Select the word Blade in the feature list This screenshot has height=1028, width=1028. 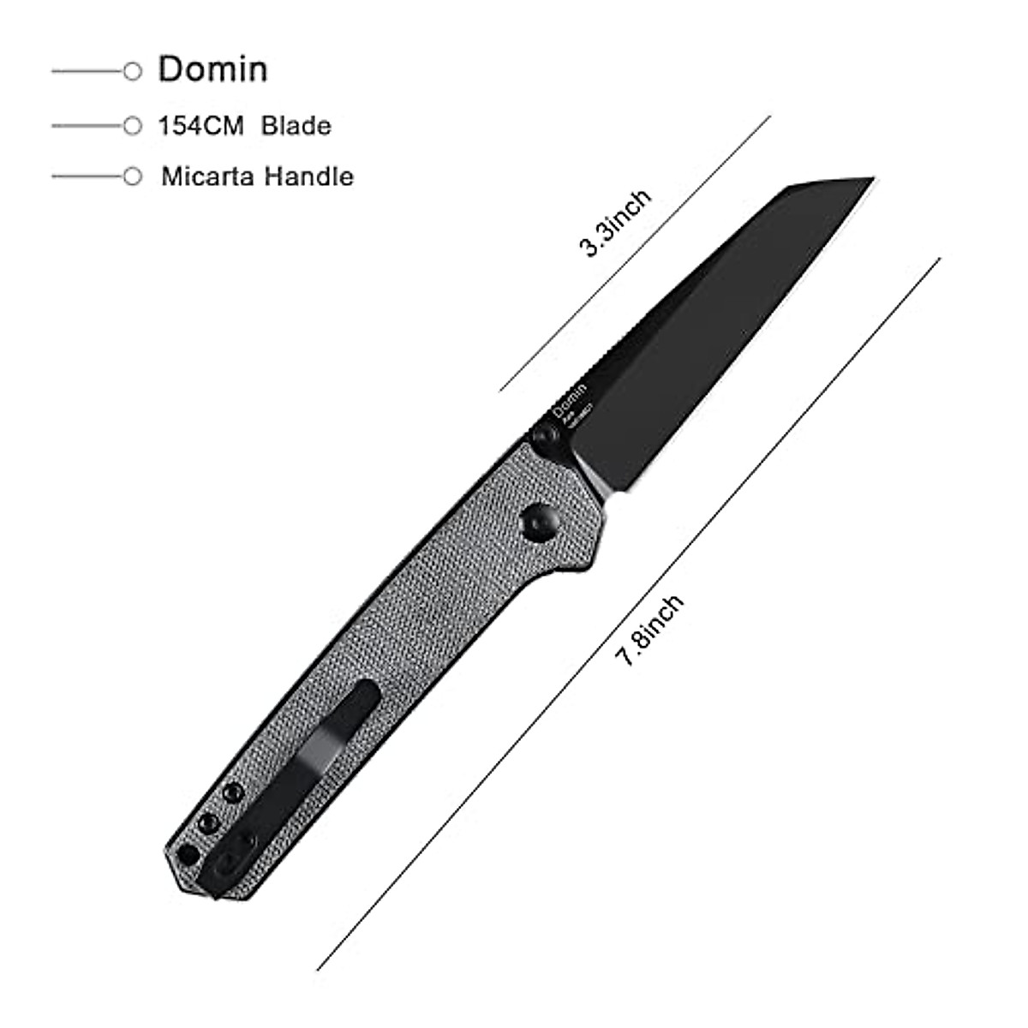296,126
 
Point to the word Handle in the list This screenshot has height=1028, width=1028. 308,177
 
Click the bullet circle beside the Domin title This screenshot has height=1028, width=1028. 132,71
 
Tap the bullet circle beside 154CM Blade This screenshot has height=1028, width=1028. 132,126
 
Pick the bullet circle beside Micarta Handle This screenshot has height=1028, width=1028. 132,177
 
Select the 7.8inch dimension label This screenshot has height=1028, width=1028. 649,630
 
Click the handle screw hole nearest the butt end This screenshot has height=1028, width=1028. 186,854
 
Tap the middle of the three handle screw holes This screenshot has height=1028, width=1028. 208,824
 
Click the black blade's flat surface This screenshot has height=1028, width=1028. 711,326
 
